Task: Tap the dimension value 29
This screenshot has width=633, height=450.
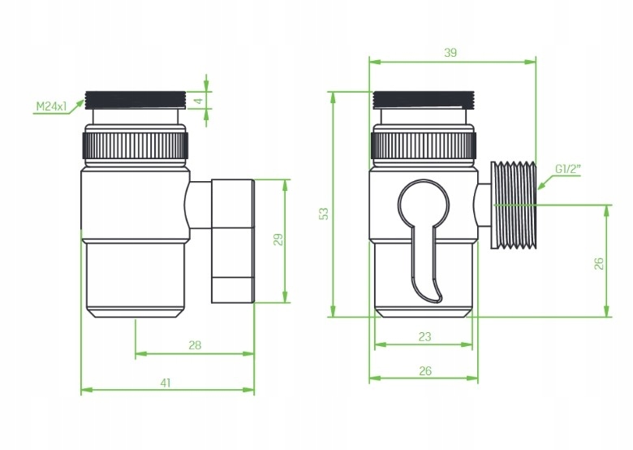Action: click(278, 240)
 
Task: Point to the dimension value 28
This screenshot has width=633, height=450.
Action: click(194, 344)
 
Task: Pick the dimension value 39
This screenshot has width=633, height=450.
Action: click(451, 52)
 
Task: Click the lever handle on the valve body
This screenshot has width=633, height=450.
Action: click(424, 236)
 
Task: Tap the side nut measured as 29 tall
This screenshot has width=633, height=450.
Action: click(232, 240)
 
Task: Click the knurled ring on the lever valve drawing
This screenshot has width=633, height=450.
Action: click(423, 147)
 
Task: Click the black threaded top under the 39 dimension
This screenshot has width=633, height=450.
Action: click(423, 99)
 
